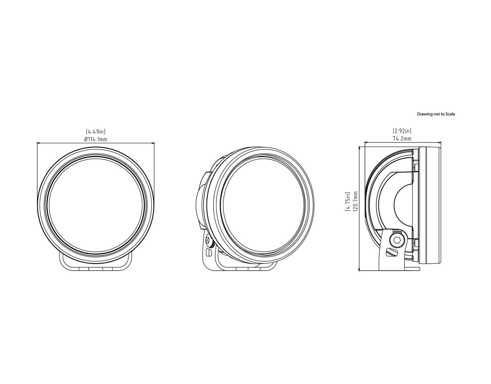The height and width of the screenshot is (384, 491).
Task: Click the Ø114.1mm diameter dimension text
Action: tap(96, 139)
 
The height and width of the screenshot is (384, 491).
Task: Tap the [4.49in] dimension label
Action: tap(96, 131)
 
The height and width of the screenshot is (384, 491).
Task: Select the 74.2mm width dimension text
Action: tap(402, 139)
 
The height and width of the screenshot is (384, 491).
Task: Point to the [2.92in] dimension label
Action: tap(402, 131)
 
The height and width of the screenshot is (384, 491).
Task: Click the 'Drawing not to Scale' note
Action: tap(436, 114)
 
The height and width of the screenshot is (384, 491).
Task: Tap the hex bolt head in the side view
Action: tap(396, 241)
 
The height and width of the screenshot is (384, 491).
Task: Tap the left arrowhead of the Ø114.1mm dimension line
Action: tap(38, 143)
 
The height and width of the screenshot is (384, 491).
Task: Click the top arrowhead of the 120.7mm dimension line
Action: tap(359, 146)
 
